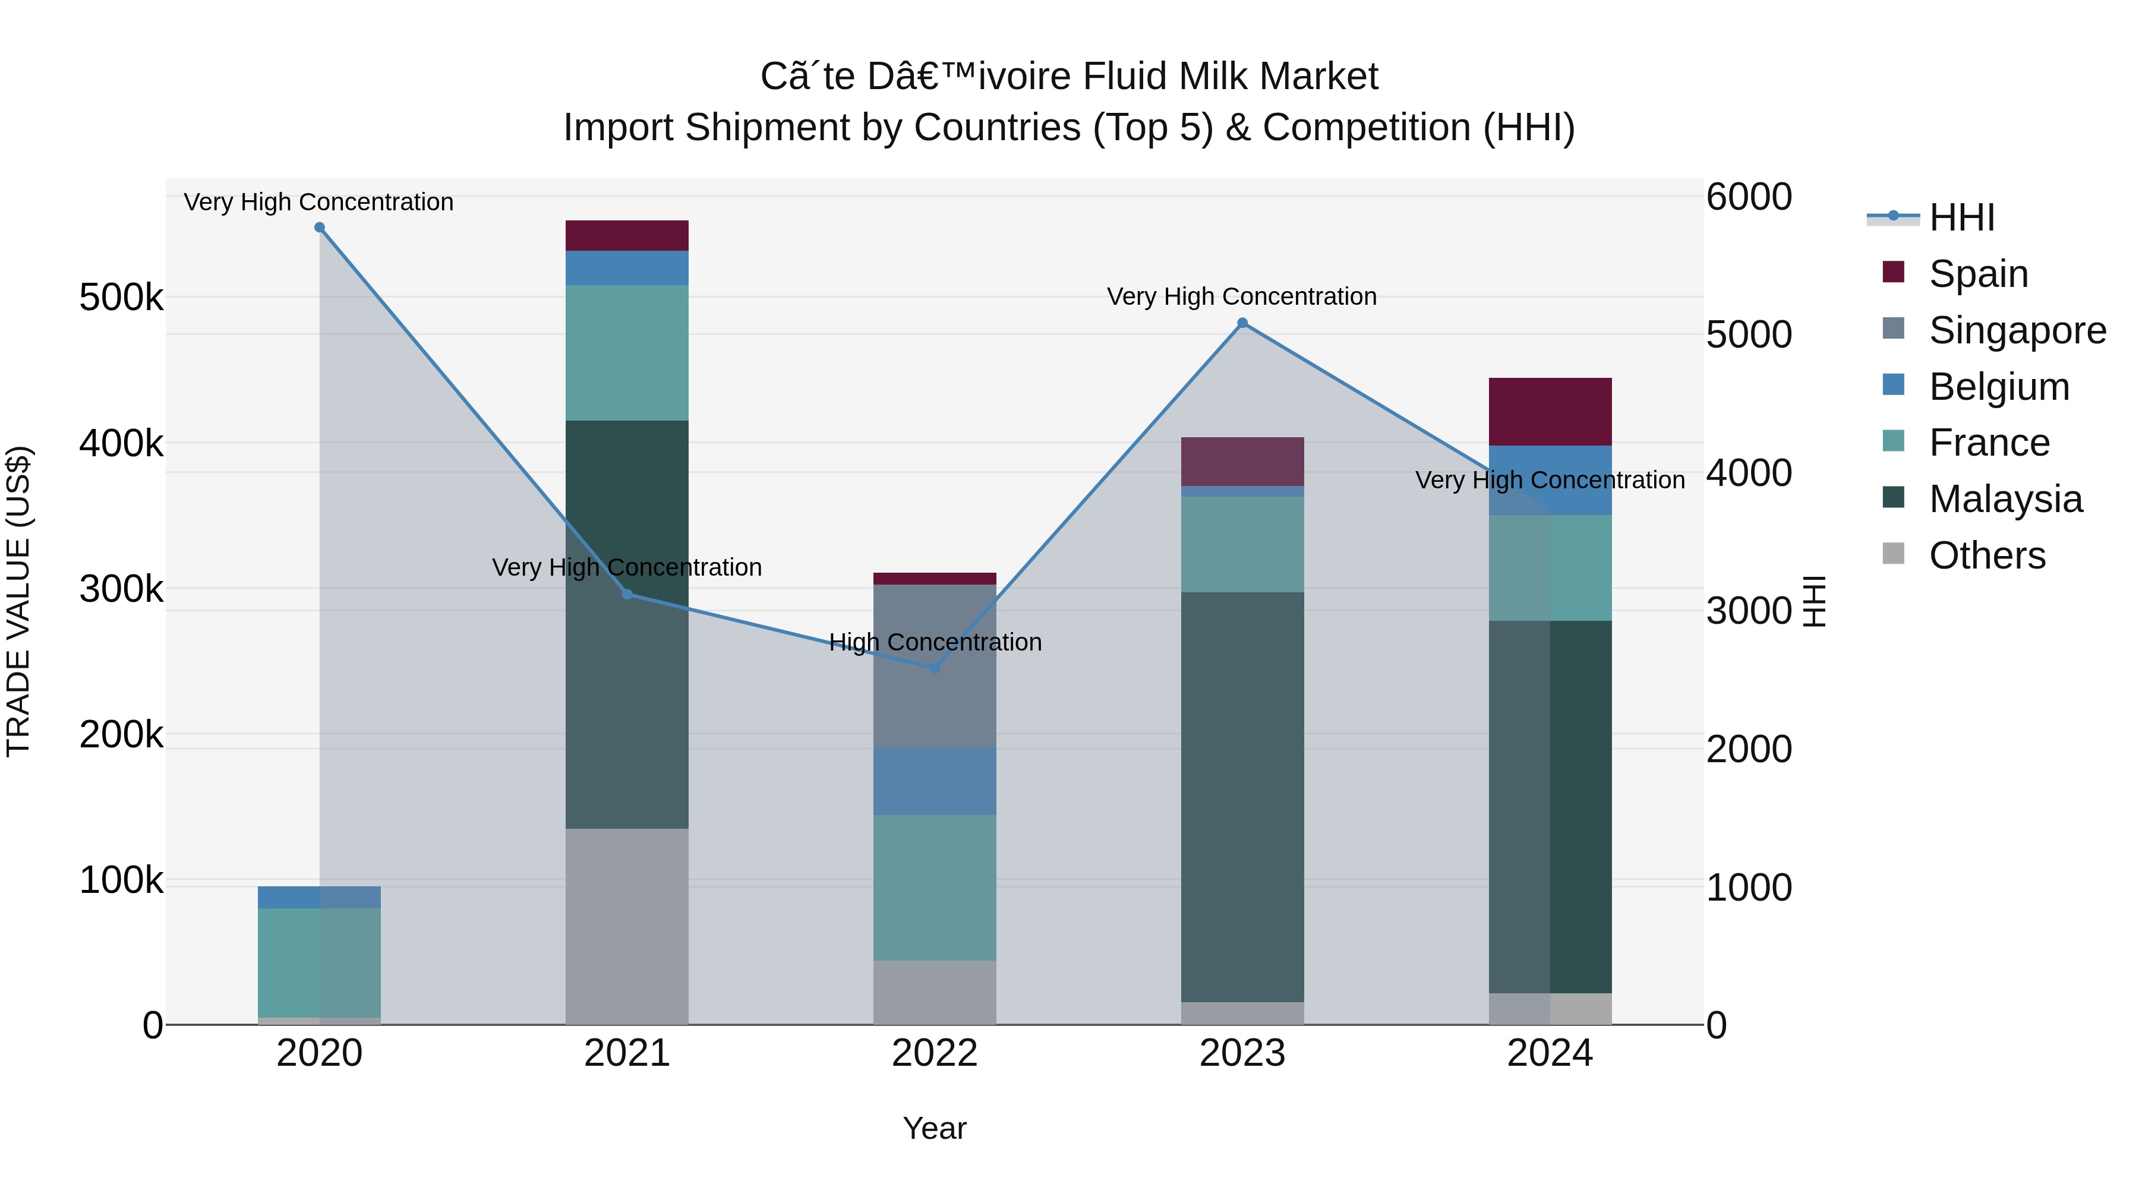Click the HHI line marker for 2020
coord(320,228)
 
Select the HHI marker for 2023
coord(1242,323)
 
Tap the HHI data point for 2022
coord(935,668)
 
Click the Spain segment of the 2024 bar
coord(1550,412)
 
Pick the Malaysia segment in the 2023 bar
coord(1242,797)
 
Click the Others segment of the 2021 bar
coord(627,926)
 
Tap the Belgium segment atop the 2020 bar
coord(320,896)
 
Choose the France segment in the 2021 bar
coord(627,353)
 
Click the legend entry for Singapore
coord(2017,330)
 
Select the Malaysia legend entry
coord(2005,499)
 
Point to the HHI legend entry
coord(1961,217)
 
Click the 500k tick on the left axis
coord(121,297)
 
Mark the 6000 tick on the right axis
coord(1749,198)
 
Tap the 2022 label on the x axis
coord(935,1053)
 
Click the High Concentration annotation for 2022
coord(935,642)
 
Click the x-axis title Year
coord(935,1128)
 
